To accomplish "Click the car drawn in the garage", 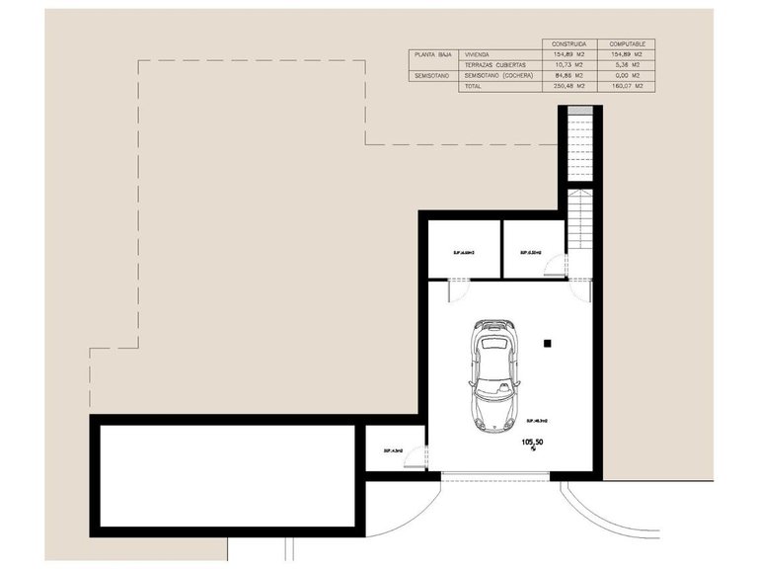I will pyautogui.click(x=493, y=374).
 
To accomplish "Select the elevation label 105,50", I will pyautogui.click(x=532, y=445).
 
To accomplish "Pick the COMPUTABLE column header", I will pyautogui.click(x=627, y=44).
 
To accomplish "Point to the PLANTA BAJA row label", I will pyautogui.click(x=431, y=55).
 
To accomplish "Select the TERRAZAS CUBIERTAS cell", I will pyautogui.click(x=496, y=65).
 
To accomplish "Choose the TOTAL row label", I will pyautogui.click(x=474, y=86).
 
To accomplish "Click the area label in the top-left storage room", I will pyautogui.click(x=464, y=252).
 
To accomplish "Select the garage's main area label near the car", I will pyautogui.click(x=537, y=420).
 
